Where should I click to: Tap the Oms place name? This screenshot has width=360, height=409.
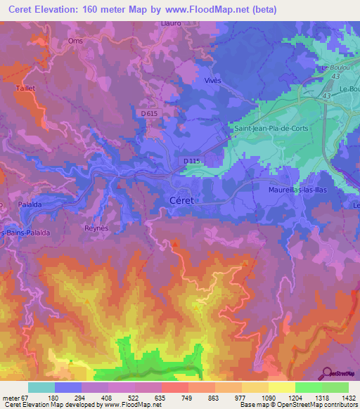[x=75, y=40]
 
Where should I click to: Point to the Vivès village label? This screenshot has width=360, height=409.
[x=212, y=80]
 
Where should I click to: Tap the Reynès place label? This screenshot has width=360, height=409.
[x=96, y=229]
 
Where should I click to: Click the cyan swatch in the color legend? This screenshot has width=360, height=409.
[x=41, y=387]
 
